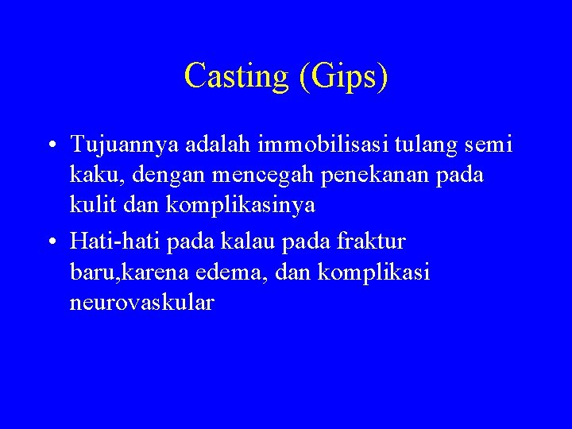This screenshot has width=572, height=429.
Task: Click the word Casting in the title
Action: tap(234, 76)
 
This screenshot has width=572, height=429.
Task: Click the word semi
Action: tap(490, 145)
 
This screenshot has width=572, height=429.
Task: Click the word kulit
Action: tap(91, 205)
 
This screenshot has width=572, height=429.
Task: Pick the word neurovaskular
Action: tap(141, 303)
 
